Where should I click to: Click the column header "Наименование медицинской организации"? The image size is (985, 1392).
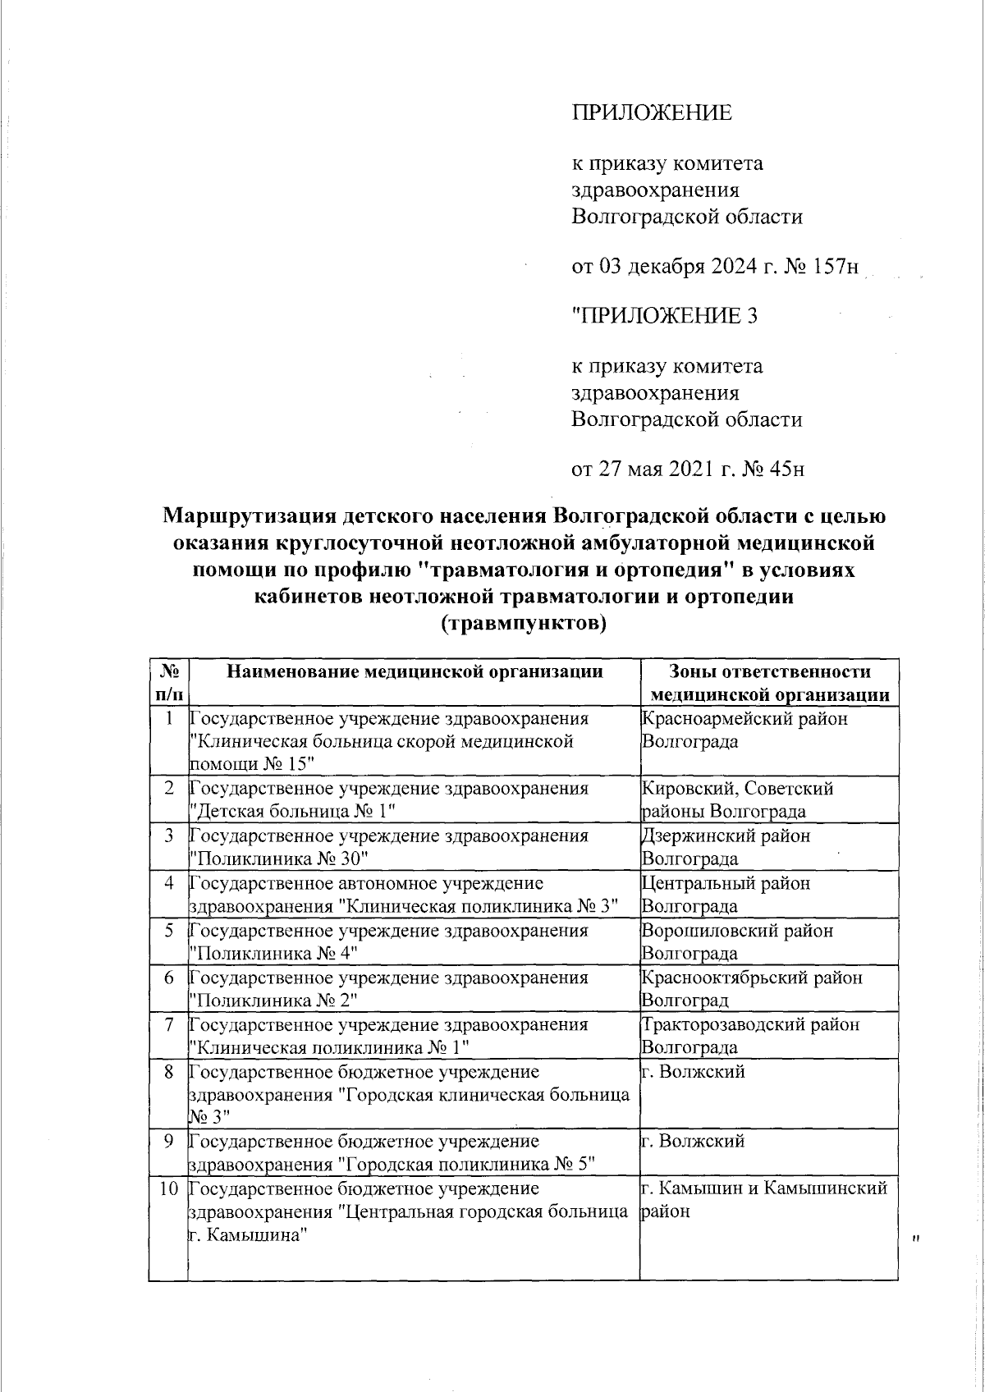coord(415,672)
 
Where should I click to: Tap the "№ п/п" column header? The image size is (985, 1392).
coord(168,683)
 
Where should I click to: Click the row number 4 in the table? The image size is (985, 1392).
coord(169,884)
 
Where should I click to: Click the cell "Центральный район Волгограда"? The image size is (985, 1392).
coord(725,895)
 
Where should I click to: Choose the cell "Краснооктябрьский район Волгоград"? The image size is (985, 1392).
coord(751,989)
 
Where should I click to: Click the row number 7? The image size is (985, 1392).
coord(169,1025)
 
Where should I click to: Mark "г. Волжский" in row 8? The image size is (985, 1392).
coord(693,1071)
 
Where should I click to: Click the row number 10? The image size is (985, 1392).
coord(169,1188)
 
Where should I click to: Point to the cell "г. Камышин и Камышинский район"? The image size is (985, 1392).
coord(763,1199)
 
